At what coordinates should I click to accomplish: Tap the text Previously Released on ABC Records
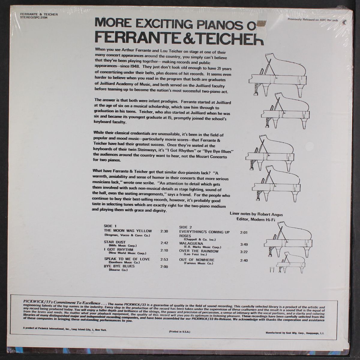point(313,20)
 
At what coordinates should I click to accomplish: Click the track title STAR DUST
point(115,242)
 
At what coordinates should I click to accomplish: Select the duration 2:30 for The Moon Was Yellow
point(164,231)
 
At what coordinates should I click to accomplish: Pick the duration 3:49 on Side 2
point(244,244)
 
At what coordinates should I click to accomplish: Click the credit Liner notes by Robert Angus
point(256,214)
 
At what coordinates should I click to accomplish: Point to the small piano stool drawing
point(272,269)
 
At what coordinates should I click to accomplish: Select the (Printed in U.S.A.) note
point(179,331)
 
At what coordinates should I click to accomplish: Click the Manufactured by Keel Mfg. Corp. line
point(295,333)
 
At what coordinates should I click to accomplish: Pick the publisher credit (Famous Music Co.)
point(198,263)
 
